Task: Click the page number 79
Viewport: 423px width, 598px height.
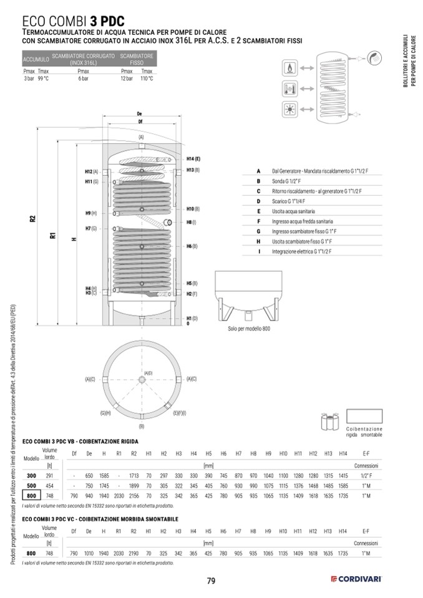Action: click(211, 581)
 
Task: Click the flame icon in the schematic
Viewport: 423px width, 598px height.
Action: click(290, 67)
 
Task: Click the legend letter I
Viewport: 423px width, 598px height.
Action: click(258, 251)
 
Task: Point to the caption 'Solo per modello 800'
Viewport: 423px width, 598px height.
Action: click(250, 328)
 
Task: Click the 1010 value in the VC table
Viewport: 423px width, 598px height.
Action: click(89, 553)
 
